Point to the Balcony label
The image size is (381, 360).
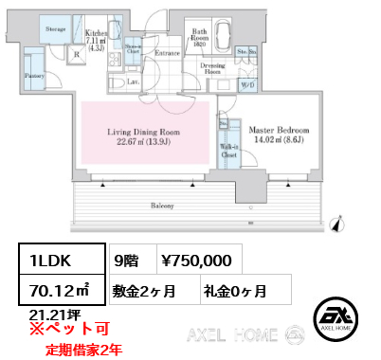pyautogui.click(x=158, y=204)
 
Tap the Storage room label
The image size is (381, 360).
pyautogui.click(x=55, y=29)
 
